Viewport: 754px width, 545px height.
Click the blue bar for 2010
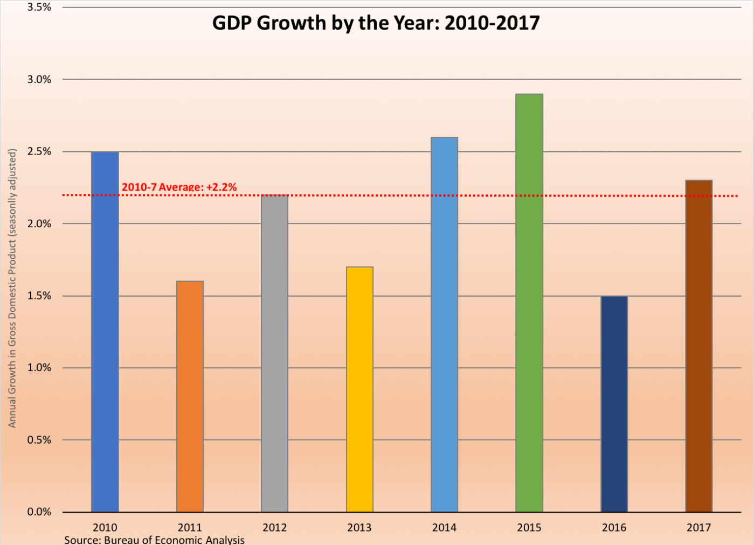pyautogui.click(x=105, y=332)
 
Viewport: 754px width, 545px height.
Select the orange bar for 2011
pyautogui.click(x=190, y=396)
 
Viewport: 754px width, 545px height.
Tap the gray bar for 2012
pyautogui.click(x=274, y=353)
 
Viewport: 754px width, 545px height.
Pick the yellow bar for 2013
pyautogui.click(x=359, y=389)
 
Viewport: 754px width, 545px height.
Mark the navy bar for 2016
pyautogui.click(x=614, y=404)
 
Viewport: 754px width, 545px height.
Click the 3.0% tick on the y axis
pyautogui.click(x=39, y=80)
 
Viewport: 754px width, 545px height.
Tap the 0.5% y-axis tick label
pyautogui.click(x=39, y=440)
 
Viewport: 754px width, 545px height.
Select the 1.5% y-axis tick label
pyautogui.click(x=39, y=296)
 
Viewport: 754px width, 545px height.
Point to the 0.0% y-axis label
pyautogui.click(x=39, y=512)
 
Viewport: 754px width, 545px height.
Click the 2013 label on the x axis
pyautogui.click(x=359, y=528)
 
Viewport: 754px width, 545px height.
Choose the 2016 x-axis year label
pyautogui.click(x=614, y=528)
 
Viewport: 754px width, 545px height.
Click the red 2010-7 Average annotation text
pyautogui.click(x=179, y=187)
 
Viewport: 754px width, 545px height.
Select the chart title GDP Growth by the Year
pyautogui.click(x=376, y=23)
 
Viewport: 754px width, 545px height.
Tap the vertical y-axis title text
pyautogui.click(x=12, y=288)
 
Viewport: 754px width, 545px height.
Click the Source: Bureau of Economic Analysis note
pyautogui.click(x=154, y=540)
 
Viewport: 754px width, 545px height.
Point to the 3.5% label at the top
pyautogui.click(x=39, y=8)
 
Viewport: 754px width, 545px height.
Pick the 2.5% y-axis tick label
pyautogui.click(x=39, y=152)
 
